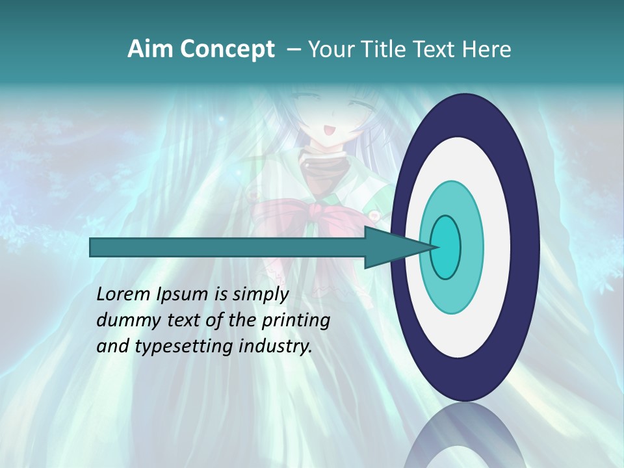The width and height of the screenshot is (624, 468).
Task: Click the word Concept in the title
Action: pyautogui.click(x=227, y=49)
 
